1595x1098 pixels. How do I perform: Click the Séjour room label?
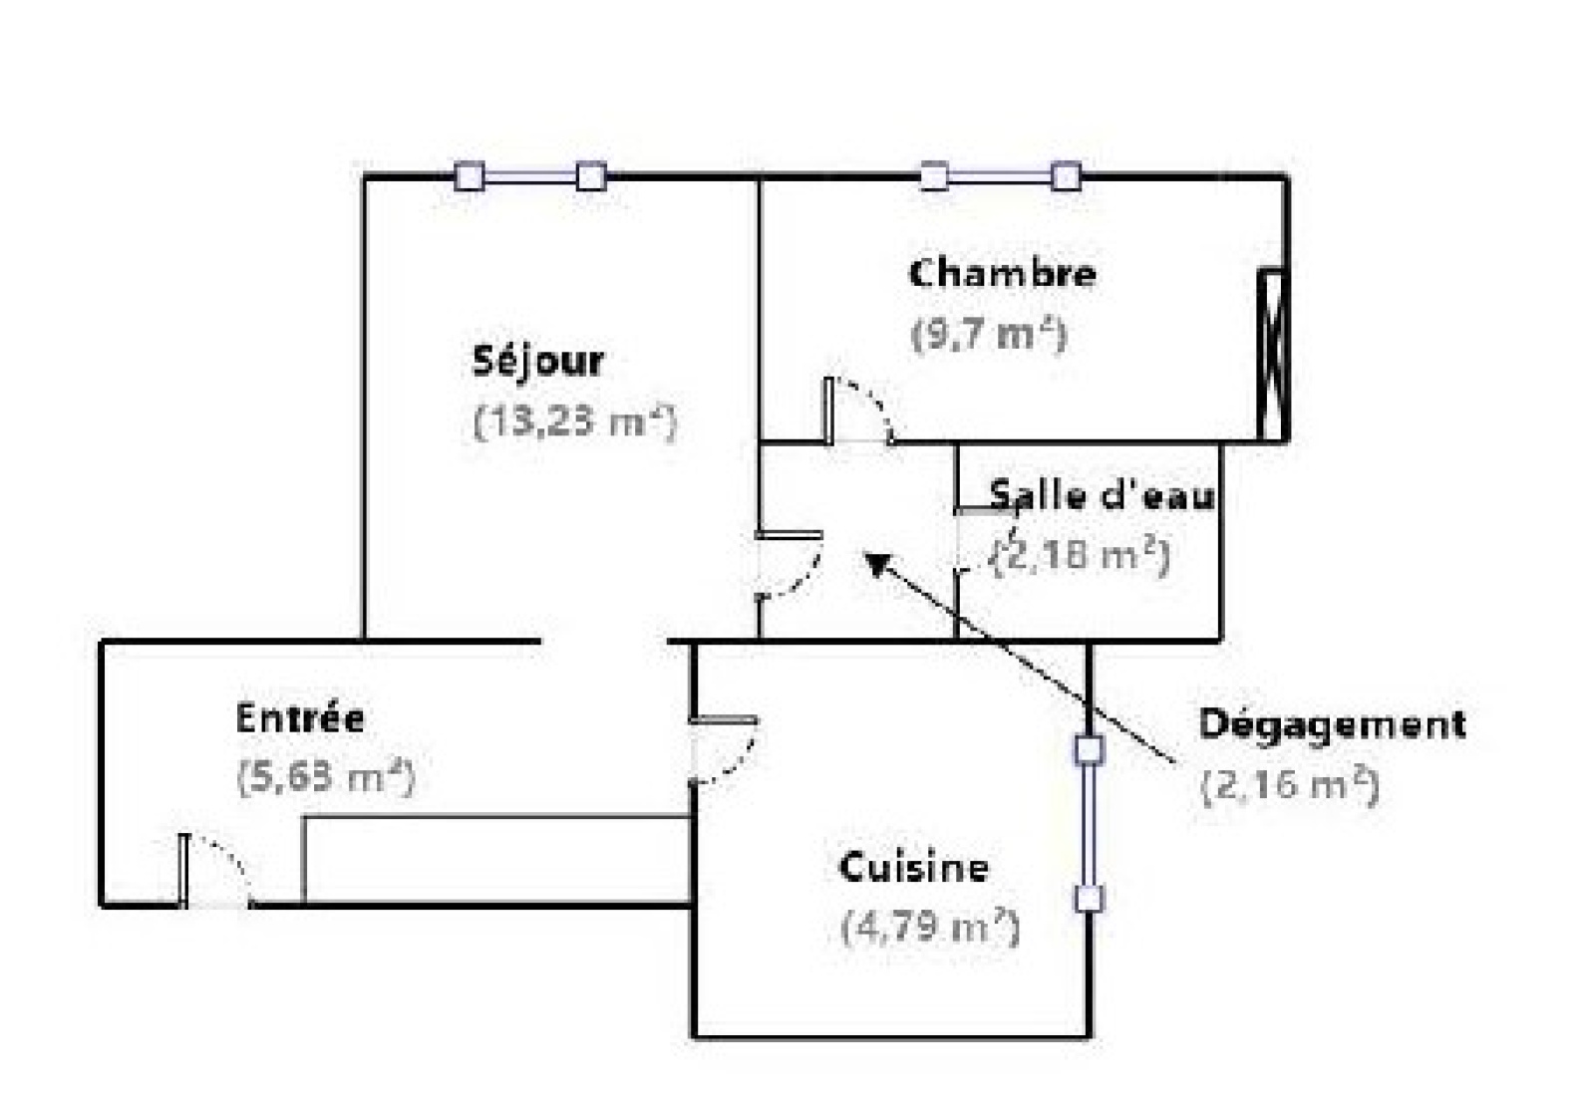[x=537, y=361]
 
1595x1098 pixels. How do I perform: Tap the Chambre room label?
[x=1002, y=273]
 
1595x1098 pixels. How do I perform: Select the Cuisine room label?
[x=913, y=867]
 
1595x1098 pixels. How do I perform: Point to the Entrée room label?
[x=300, y=717]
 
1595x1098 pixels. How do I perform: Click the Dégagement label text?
[x=1332, y=723]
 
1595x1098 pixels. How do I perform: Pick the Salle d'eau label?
[x=1102, y=494]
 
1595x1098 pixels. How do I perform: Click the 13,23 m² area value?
[x=575, y=420]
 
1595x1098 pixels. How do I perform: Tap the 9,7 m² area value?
[x=989, y=334]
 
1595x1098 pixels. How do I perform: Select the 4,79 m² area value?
[x=930, y=928]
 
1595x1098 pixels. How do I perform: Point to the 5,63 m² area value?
[x=325, y=777]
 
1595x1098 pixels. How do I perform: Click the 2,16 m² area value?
[x=1289, y=785]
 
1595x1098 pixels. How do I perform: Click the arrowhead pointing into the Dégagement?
[x=874, y=564]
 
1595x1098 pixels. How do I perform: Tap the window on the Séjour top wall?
[x=529, y=176]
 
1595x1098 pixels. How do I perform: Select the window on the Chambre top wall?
[x=999, y=176]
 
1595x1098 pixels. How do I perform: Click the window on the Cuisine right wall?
[x=1089, y=823]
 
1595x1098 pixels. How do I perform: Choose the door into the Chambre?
[x=857, y=411]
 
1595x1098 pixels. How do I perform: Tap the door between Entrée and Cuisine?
[x=724, y=749]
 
